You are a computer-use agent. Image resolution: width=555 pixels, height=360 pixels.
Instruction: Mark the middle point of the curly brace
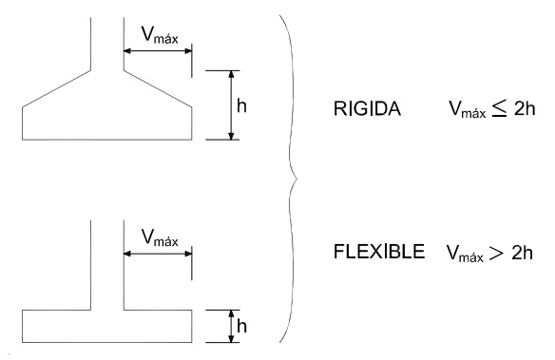click(x=297, y=178)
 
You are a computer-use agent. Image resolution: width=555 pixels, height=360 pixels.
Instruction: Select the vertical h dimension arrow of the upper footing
click(x=231, y=104)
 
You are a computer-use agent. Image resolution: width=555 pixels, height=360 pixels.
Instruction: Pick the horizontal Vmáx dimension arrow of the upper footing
click(x=157, y=50)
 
